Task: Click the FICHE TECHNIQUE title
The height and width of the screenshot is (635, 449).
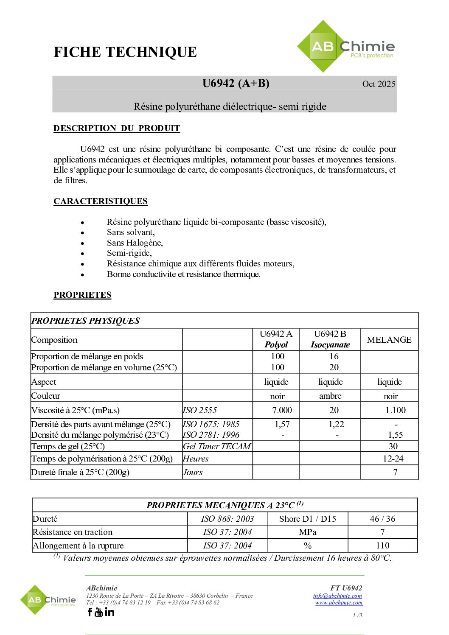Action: point(125,52)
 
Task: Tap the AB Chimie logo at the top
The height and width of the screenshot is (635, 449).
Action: point(346,47)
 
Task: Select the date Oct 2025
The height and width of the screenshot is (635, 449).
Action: point(379,84)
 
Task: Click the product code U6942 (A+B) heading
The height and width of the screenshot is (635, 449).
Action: point(236,83)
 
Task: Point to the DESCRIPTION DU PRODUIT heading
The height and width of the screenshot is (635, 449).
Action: point(117,128)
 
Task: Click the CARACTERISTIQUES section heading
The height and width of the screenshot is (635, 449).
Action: point(101,201)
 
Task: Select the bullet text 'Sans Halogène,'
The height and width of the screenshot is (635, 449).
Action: point(135,243)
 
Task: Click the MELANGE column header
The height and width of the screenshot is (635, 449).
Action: point(389,340)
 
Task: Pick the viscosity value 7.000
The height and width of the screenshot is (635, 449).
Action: point(282,410)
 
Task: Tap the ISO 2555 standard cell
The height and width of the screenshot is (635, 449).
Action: point(200,410)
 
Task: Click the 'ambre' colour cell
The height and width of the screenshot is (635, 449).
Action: point(330,396)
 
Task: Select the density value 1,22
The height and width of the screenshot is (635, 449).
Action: point(336,424)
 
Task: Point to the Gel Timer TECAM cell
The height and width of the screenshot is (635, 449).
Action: point(217,446)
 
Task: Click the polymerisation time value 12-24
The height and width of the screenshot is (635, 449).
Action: point(393,459)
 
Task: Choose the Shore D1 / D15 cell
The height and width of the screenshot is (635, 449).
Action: point(308,519)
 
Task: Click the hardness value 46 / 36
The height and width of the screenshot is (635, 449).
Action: point(382,519)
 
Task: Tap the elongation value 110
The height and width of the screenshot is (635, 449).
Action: point(382,545)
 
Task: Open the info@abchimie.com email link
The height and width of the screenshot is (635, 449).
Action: point(337,596)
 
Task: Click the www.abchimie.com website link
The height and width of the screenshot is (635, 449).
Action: point(339,602)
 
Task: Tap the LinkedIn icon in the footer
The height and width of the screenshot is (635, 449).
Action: point(109,612)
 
